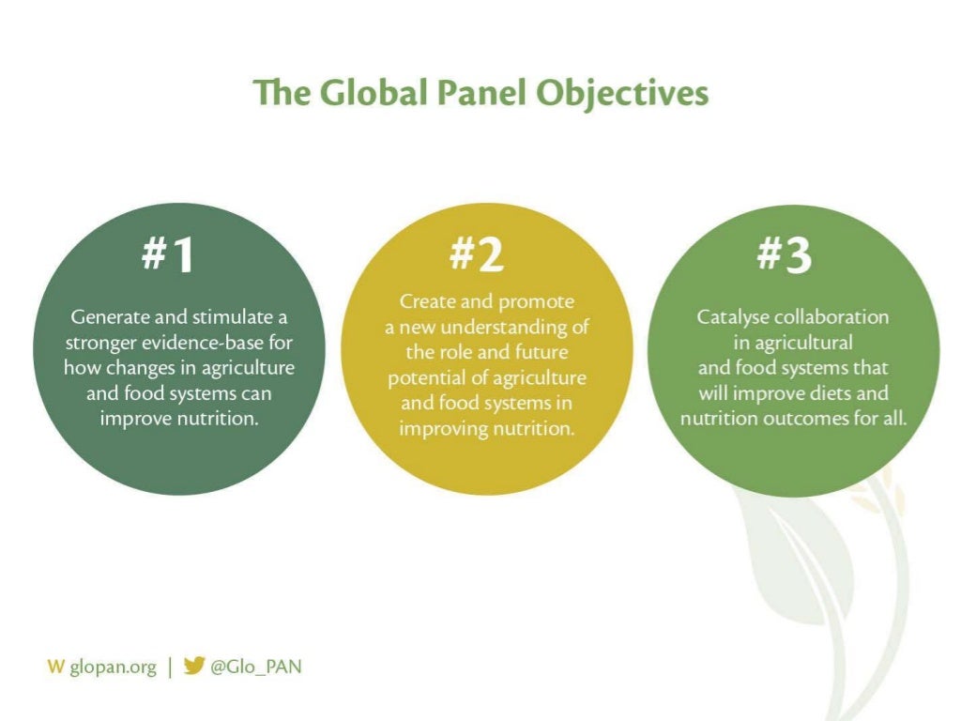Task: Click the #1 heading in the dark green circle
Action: click(x=169, y=253)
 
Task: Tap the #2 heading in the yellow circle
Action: click(x=477, y=253)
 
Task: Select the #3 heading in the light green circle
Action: click(x=785, y=253)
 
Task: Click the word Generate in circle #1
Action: click(x=106, y=317)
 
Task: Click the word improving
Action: click(x=437, y=428)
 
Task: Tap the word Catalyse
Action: click(x=733, y=317)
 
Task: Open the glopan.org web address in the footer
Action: click(x=113, y=667)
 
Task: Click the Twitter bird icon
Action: click(x=194, y=667)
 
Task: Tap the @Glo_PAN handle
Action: click(x=256, y=667)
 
